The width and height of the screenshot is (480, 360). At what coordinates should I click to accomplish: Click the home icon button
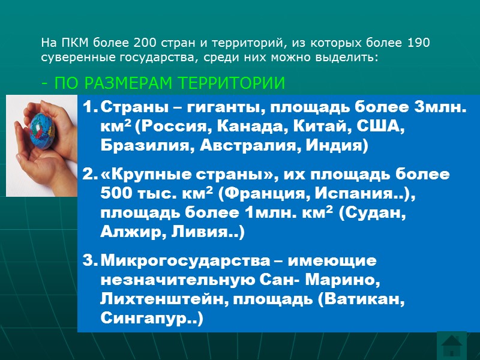tap(451, 346)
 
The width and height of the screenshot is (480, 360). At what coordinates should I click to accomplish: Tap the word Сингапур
tap(144, 318)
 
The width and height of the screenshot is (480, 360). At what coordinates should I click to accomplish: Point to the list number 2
tap(89, 176)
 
